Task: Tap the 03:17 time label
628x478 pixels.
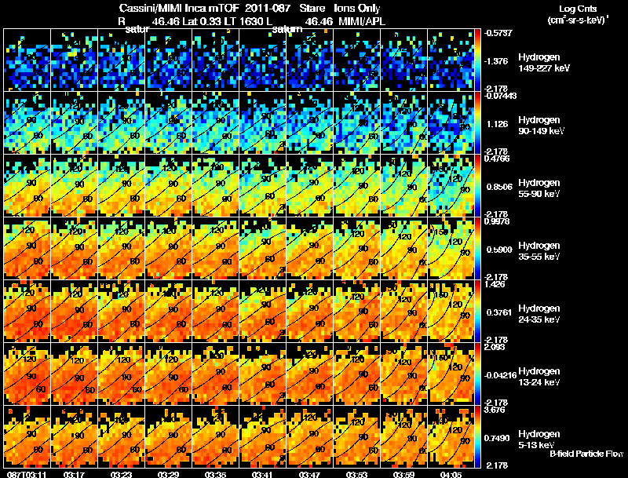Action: pos(74,473)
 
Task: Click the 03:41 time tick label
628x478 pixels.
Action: pos(263,473)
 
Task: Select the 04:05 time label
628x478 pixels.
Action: pos(452,473)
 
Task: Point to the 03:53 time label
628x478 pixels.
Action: pos(358,473)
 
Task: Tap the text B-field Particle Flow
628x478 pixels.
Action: pos(586,454)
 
